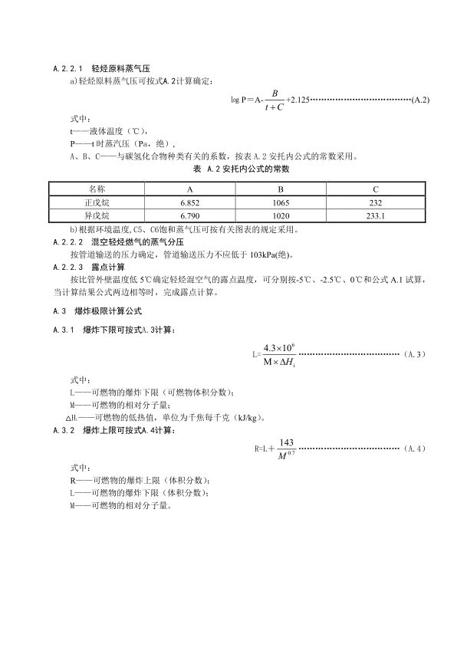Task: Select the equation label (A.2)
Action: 420,100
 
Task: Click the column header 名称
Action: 97,189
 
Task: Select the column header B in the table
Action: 281,189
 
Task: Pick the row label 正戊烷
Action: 97,202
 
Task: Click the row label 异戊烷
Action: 97,216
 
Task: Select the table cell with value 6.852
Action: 189,202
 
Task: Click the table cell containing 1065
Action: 281,202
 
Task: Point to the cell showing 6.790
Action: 189,216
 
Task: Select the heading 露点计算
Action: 106,267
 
